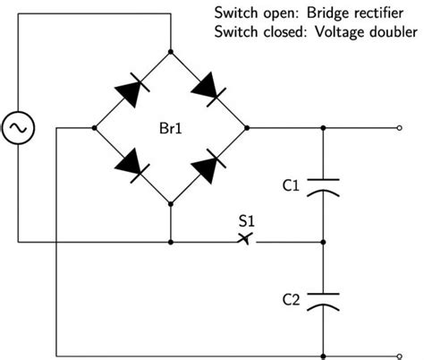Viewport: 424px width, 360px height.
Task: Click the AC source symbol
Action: click(x=18, y=128)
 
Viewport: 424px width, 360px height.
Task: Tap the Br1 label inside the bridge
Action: click(x=171, y=128)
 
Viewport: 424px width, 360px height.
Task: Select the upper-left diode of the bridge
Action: click(x=132, y=90)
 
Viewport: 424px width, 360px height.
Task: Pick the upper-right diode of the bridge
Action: click(x=208, y=90)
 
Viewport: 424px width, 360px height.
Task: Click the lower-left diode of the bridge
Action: click(x=132, y=166)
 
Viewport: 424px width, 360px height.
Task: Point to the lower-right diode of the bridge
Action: click(x=208, y=167)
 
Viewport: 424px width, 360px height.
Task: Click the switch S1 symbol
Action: click(x=247, y=239)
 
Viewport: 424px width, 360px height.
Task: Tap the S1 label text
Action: click(x=247, y=221)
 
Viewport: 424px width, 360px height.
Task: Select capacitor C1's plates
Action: click(x=323, y=188)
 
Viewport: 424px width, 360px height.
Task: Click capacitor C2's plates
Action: click(x=323, y=303)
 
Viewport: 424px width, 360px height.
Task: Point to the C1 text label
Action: click(x=291, y=185)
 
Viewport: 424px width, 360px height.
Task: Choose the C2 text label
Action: click(x=291, y=300)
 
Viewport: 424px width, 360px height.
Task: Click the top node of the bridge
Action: click(x=171, y=52)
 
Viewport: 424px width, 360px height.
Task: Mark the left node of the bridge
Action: click(x=95, y=128)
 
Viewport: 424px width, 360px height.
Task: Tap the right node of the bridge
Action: click(x=247, y=128)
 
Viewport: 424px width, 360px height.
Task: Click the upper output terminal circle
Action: click(x=400, y=128)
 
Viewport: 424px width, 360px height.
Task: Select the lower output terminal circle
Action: click(x=400, y=356)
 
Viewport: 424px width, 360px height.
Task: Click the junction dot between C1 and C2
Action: click(x=323, y=242)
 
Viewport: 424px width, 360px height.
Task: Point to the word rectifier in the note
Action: click(x=377, y=13)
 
